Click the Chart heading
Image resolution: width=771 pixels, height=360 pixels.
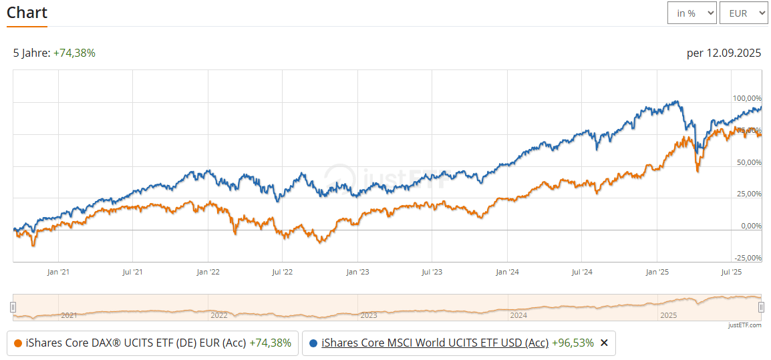coord(27,13)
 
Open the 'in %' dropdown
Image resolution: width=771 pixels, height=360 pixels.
coord(691,13)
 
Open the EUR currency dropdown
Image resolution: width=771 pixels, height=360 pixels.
coord(744,13)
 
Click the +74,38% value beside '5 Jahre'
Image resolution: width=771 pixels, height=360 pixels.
coord(74,53)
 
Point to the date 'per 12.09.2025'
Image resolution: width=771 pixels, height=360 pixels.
coord(724,53)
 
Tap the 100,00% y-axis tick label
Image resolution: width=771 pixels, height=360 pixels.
coord(747,98)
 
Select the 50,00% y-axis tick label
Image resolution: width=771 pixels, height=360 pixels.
coord(748,162)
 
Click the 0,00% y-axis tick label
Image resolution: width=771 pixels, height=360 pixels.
coord(751,226)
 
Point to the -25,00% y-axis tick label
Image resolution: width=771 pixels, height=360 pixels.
coord(748,258)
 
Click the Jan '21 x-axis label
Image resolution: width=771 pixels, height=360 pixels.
coord(58,272)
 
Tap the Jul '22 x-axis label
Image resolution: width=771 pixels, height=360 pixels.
coord(283,272)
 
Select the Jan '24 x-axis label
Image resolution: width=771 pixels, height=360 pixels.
coord(507,272)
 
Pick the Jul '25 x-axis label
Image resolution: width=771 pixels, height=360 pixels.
coord(732,272)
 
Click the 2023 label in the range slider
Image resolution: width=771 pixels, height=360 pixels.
coord(369,315)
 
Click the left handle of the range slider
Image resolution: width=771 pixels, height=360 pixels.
coord(13,307)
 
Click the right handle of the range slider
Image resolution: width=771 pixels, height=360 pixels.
coord(761,307)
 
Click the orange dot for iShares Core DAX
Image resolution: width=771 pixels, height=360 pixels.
coord(17,343)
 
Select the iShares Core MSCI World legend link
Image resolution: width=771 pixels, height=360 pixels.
coord(435,343)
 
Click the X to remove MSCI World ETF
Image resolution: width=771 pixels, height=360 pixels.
coord(604,343)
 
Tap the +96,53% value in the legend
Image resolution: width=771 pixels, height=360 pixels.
coord(573,343)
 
